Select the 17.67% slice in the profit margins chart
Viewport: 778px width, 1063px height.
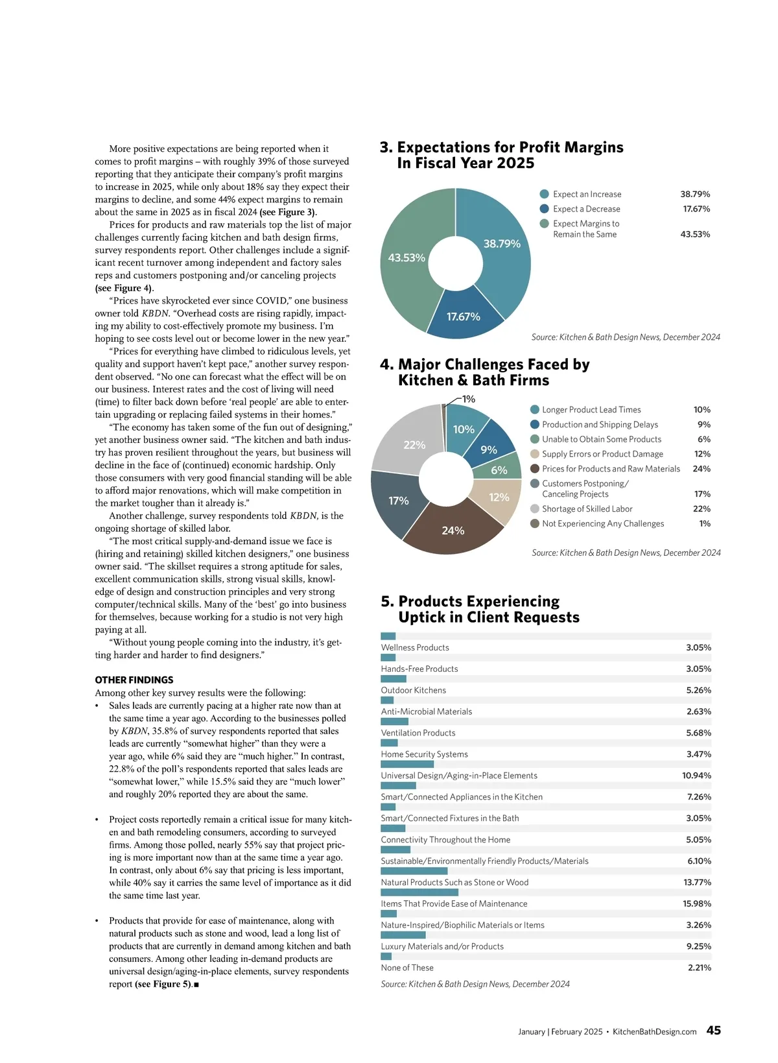point(463,316)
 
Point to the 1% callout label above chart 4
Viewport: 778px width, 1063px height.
point(468,399)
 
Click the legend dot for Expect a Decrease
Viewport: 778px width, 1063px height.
point(545,209)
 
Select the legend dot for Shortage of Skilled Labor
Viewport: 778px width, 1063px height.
point(535,509)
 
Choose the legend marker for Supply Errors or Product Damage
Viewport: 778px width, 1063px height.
point(535,454)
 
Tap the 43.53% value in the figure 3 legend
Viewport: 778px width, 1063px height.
point(695,234)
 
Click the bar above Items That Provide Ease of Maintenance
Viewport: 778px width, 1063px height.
point(419,892)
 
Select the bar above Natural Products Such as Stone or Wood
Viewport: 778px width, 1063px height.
point(414,871)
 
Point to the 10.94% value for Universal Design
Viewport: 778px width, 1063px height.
point(696,776)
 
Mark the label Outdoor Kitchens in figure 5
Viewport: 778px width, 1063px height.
point(414,690)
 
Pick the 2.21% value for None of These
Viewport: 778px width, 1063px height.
point(699,968)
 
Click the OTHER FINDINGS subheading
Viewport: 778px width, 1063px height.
point(134,680)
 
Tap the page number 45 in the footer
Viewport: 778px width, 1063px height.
point(713,1031)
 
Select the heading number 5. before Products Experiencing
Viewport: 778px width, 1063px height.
point(388,601)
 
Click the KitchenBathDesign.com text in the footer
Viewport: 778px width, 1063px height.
point(654,1032)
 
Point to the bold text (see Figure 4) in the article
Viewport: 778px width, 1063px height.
point(124,288)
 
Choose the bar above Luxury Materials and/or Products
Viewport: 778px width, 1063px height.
point(403,935)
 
